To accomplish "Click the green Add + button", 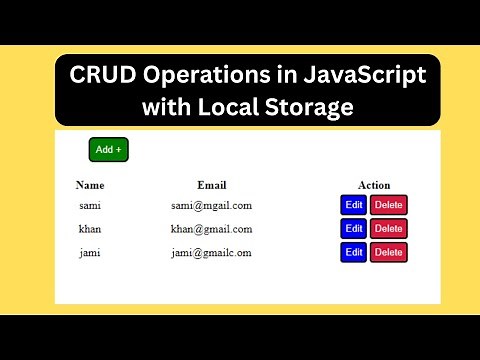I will (109, 150).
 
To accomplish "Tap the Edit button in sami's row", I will (354, 205).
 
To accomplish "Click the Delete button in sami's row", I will (389, 205).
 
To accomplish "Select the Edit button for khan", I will (354, 229).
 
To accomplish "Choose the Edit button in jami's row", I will (354, 253).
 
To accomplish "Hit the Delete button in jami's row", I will (389, 253).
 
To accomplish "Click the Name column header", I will (90, 185).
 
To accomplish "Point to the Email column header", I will (212, 185).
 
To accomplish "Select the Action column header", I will (374, 185).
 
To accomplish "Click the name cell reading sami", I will (90, 205).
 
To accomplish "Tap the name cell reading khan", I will (90, 229).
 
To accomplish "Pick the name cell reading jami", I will (90, 253).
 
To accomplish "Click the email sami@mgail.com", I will (211, 205).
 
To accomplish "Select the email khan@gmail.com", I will (211, 229).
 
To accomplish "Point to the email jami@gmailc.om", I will (211, 253).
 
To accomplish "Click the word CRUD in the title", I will (103, 76).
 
